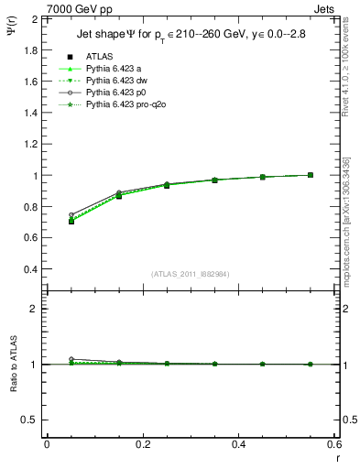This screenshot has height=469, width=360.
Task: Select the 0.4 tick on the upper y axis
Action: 30,269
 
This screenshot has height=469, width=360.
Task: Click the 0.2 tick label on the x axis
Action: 142,444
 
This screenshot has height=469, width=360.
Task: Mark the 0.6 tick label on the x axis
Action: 334,444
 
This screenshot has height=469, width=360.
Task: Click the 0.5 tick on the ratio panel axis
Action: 30,420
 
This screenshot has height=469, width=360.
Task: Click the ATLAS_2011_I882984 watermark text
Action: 190,274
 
